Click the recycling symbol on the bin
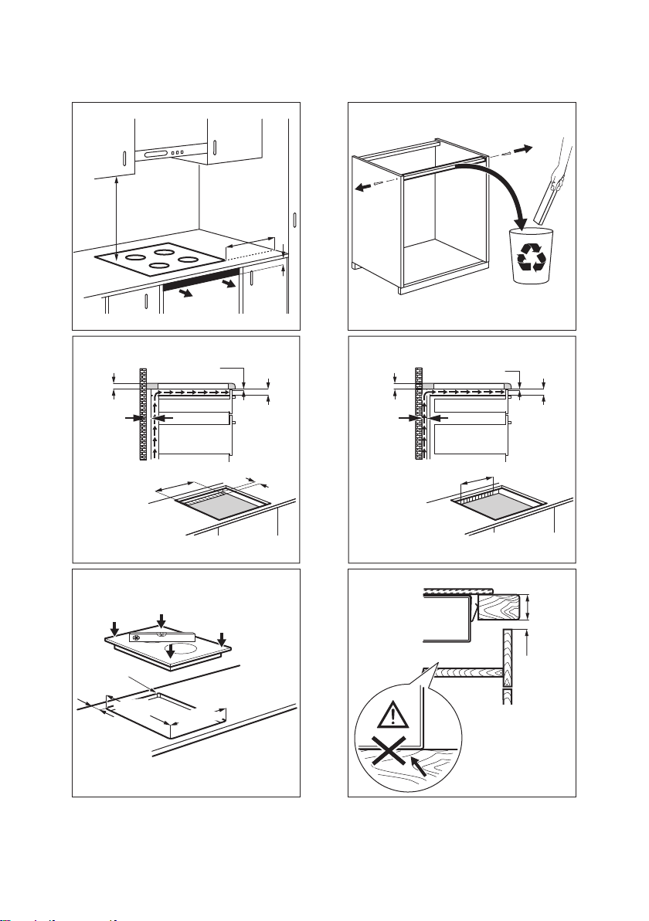pyautogui.click(x=532, y=258)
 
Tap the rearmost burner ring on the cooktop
pyautogui.click(x=163, y=250)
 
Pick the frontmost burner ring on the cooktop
pyautogui.click(x=159, y=267)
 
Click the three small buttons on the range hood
pyautogui.click(x=177, y=153)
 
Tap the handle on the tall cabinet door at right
pyautogui.click(x=294, y=219)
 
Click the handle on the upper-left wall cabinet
pyautogui.click(x=124, y=159)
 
